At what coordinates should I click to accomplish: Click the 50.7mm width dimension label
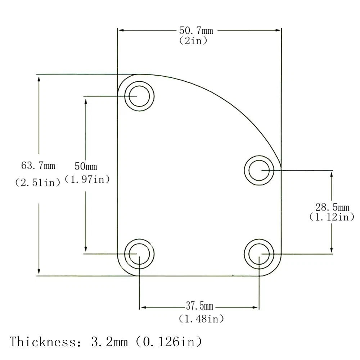point(196,31)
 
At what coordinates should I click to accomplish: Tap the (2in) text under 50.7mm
point(193,41)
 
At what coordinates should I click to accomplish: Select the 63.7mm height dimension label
point(38,166)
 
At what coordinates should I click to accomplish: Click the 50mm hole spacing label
point(86,166)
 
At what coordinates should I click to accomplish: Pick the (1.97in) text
point(87,179)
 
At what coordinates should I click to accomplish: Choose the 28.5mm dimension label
point(332,207)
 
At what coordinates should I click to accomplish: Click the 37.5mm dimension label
point(199,306)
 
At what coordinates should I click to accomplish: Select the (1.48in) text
point(201,319)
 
